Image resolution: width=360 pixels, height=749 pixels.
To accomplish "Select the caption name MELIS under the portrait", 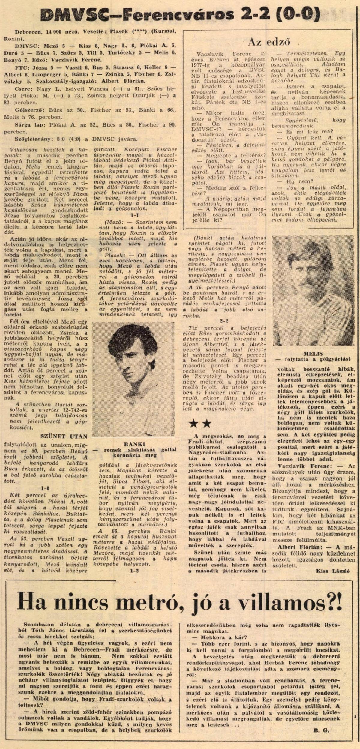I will [313, 354].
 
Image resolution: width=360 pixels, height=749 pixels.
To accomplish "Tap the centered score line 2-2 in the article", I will [224, 321].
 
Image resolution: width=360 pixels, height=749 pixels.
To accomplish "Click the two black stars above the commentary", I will [200, 423].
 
